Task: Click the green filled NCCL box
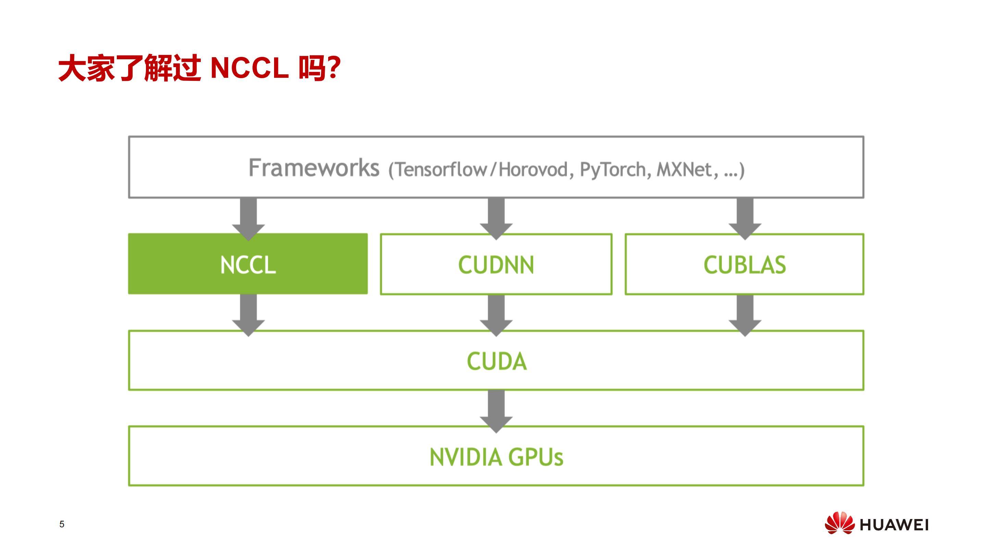click(248, 264)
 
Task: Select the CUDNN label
click(496, 265)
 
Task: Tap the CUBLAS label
click(744, 265)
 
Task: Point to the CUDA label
click(496, 361)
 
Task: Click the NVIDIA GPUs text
click(496, 457)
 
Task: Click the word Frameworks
click(314, 168)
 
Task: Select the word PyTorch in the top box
click(615, 170)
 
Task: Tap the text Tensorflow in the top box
click(441, 170)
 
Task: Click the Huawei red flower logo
click(839, 523)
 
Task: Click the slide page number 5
click(62, 524)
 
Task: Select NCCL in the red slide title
click(249, 68)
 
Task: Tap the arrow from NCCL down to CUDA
click(248, 316)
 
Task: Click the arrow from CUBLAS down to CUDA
click(745, 316)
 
